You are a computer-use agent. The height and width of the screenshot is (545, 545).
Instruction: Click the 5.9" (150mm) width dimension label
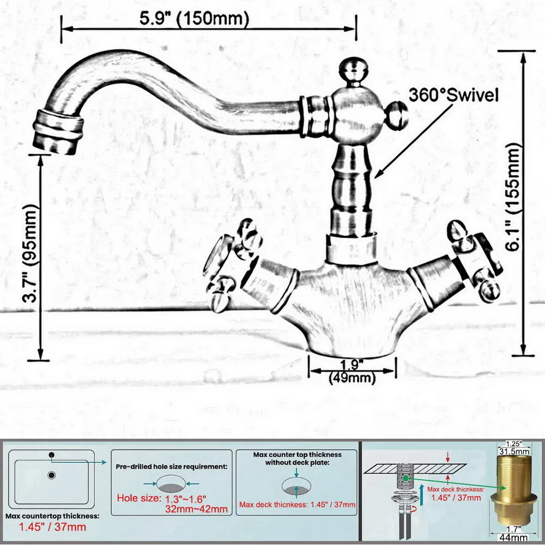pos(195,18)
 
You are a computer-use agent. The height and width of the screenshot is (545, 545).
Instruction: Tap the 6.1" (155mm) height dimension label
pos(513,197)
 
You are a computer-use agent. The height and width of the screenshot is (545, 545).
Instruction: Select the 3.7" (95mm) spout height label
pos(30,253)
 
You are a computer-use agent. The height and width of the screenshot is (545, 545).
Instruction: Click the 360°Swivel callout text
pos(453,94)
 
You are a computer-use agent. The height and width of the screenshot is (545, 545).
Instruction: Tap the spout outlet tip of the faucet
pos(58,132)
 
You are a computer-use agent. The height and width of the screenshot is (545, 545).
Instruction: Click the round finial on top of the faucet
pos(354,71)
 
